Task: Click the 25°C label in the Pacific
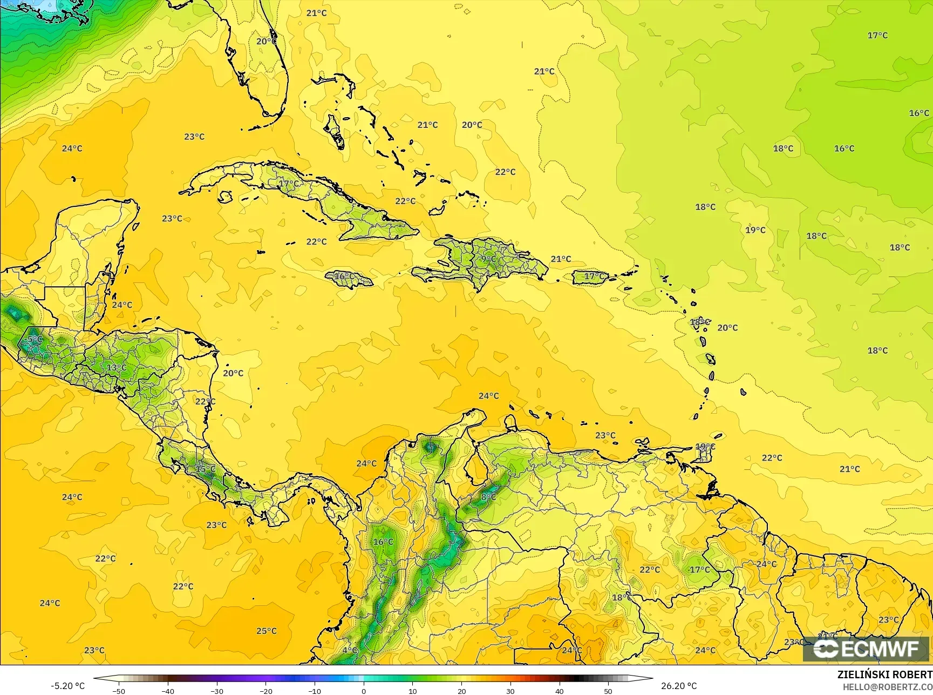coord(267,631)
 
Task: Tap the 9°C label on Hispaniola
coord(488,259)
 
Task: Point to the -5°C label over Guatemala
coord(33,339)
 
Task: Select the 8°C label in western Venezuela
coord(488,497)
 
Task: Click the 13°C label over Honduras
coord(117,368)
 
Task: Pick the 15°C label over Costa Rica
coord(205,469)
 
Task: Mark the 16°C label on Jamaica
coord(345,276)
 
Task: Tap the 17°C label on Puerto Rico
coord(595,276)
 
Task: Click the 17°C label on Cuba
coord(289,184)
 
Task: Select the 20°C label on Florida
coord(267,41)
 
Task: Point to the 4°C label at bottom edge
coord(350,650)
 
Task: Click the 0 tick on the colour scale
coord(364,691)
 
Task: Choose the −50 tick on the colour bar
coord(118,691)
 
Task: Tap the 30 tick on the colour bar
coord(510,691)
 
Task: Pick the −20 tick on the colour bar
coord(265,691)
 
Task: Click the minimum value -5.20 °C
coord(67,686)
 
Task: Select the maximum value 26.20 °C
coord(679,686)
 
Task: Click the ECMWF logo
coord(868,649)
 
